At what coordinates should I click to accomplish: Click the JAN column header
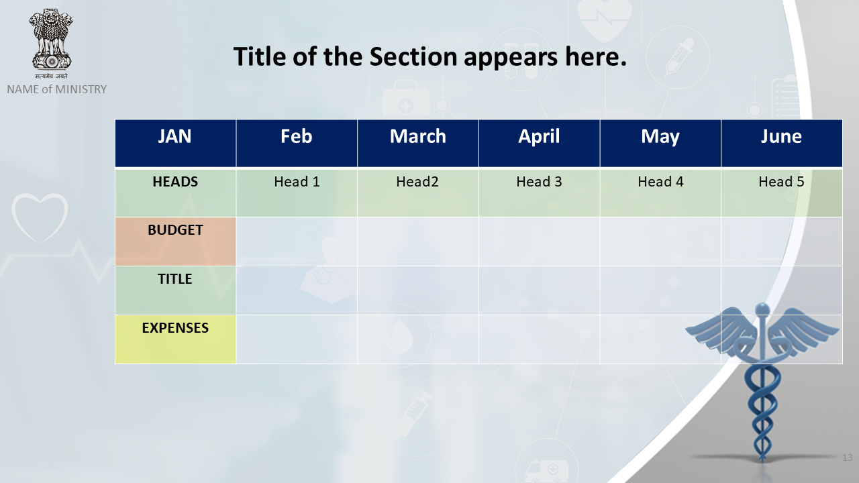[176, 144]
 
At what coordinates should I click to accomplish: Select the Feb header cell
[297, 144]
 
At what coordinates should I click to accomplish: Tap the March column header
[418, 144]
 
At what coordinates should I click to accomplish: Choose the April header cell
[539, 144]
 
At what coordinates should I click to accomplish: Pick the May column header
[660, 144]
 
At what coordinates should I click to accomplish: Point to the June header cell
[782, 144]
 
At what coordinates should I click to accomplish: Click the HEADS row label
[176, 193]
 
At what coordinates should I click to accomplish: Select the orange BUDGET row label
[176, 241]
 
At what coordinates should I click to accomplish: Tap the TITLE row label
[176, 290]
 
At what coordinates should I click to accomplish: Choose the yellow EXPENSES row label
[176, 339]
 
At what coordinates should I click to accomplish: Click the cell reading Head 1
[297, 193]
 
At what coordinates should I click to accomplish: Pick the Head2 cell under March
[418, 193]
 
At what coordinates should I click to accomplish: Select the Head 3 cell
[539, 193]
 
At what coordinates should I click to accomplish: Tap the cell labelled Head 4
[660, 193]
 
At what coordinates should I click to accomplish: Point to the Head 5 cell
[782, 193]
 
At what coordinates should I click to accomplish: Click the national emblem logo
[51, 44]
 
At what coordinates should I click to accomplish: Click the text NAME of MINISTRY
[57, 89]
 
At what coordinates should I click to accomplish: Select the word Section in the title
[413, 57]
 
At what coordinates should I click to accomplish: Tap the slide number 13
[848, 458]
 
